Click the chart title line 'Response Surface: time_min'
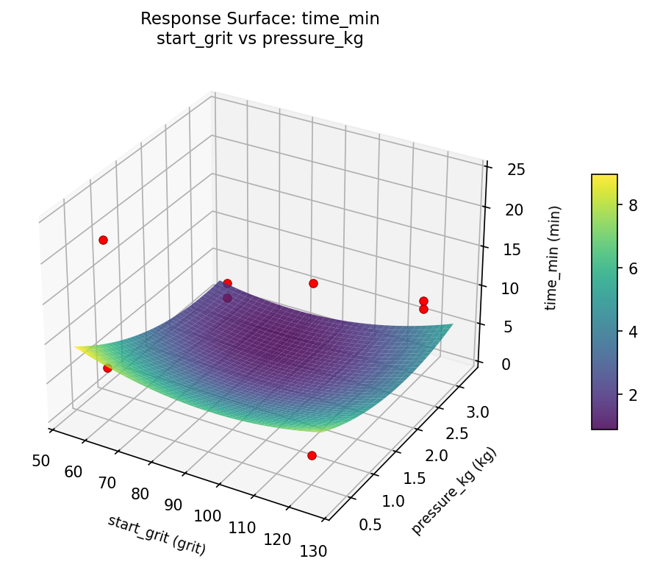point(260,18)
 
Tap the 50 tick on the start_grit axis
point(41,460)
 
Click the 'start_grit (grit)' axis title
point(157,534)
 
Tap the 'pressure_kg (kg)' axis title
point(453,491)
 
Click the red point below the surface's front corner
point(312,455)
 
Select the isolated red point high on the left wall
point(103,240)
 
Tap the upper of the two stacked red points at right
point(423,301)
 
